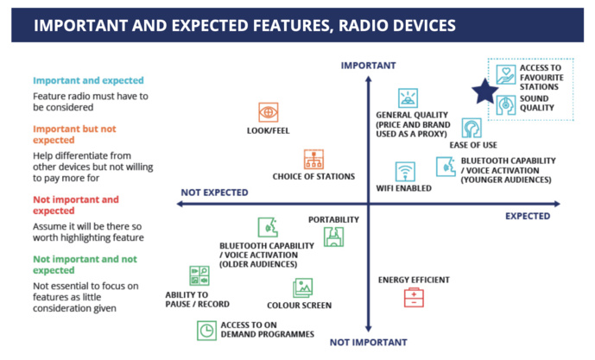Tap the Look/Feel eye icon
(x=269, y=112)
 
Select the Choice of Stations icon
(x=313, y=159)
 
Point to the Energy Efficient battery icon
(x=414, y=298)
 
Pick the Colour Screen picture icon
(x=302, y=287)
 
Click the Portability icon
(x=333, y=236)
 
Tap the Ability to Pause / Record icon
(x=199, y=276)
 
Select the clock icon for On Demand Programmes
(x=206, y=330)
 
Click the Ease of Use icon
(x=472, y=129)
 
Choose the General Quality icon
(x=408, y=98)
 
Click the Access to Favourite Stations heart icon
(x=506, y=74)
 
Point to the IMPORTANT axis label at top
(x=368, y=66)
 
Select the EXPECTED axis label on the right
(x=529, y=216)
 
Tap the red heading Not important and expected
(x=74, y=205)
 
